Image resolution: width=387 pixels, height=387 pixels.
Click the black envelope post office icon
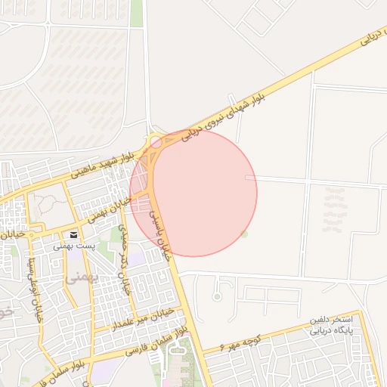coord(74,235)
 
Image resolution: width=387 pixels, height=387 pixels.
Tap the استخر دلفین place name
coord(332,321)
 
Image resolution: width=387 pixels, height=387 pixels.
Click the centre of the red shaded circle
coord(193,193)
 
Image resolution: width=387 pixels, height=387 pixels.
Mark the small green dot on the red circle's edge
coord(244,234)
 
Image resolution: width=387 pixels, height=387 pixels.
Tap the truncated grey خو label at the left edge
coord(5,311)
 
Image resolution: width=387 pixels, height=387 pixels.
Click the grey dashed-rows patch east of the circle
coord(333,209)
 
